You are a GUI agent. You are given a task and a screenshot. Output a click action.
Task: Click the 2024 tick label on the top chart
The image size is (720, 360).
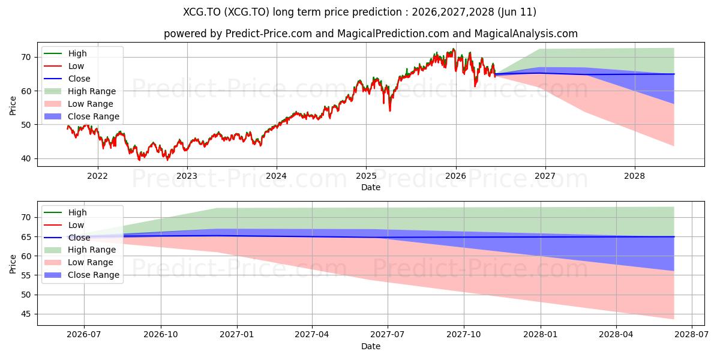pyautogui.click(x=277, y=176)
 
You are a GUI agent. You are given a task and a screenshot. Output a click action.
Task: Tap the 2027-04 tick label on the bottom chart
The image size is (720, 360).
pyautogui.click(x=312, y=335)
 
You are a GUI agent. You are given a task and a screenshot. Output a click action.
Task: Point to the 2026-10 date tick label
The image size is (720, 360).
pyautogui.click(x=161, y=335)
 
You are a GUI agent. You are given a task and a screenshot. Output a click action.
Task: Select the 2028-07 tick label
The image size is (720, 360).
pyautogui.click(x=692, y=335)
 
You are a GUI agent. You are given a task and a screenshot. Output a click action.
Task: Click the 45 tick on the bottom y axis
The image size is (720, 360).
pyautogui.click(x=26, y=314)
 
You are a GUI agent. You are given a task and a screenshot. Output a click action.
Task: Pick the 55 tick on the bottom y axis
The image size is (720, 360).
pyautogui.click(x=26, y=275)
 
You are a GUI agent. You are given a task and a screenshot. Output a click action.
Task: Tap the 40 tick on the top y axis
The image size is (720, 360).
pyautogui.click(x=26, y=158)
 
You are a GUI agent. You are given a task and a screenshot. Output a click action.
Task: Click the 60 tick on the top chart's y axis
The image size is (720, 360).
pyautogui.click(x=26, y=91)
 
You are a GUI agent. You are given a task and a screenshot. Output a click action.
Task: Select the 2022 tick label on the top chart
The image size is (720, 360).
pyautogui.click(x=97, y=176)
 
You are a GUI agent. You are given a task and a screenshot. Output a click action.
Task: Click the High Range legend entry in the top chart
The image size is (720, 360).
pyautogui.click(x=80, y=91)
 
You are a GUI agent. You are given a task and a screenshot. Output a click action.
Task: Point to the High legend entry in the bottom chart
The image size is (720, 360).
pyautogui.click(x=65, y=212)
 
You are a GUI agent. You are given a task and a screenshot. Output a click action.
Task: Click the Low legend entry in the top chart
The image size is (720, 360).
pyautogui.click(x=64, y=66)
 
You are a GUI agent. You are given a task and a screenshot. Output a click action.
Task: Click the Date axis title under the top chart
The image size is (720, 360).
pyautogui.click(x=371, y=187)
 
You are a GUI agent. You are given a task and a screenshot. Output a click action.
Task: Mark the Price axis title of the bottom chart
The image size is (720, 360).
pyautogui.click(x=13, y=264)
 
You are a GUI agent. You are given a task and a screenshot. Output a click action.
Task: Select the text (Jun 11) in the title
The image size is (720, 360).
pyautogui.click(x=517, y=12)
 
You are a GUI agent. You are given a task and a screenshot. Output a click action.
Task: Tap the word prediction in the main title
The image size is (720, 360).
pyautogui.click(x=377, y=12)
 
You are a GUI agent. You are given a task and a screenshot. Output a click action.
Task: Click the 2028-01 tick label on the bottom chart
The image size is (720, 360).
pyautogui.click(x=541, y=335)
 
